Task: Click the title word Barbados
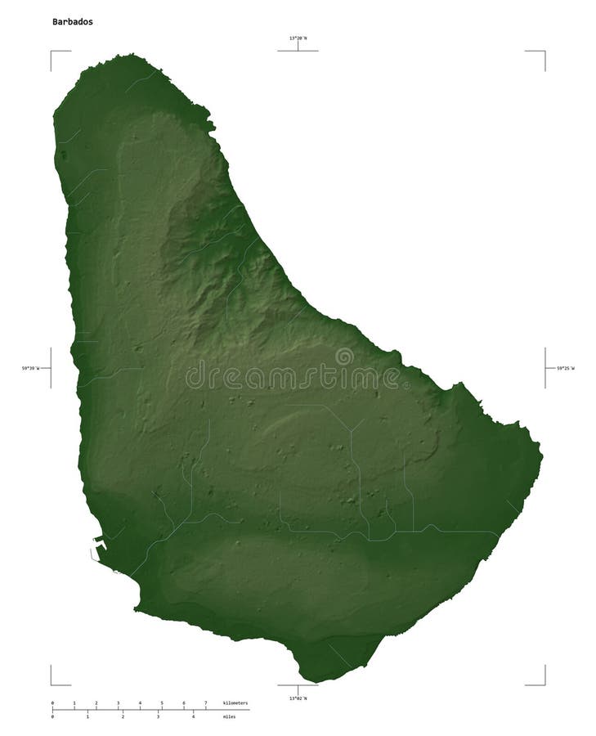72,22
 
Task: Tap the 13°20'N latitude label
298,38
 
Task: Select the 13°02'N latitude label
298,698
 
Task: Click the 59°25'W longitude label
565,369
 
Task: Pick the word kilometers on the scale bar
235,703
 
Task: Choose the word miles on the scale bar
230,717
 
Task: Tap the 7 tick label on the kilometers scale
205,703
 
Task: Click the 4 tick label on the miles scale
193,717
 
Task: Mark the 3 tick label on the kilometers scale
118,703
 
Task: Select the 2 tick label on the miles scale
123,717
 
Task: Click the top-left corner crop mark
52,52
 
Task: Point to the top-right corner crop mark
544,52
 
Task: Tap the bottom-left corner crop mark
52,684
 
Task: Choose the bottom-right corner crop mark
544,684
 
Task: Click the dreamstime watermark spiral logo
344,357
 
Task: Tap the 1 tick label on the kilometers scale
74,703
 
